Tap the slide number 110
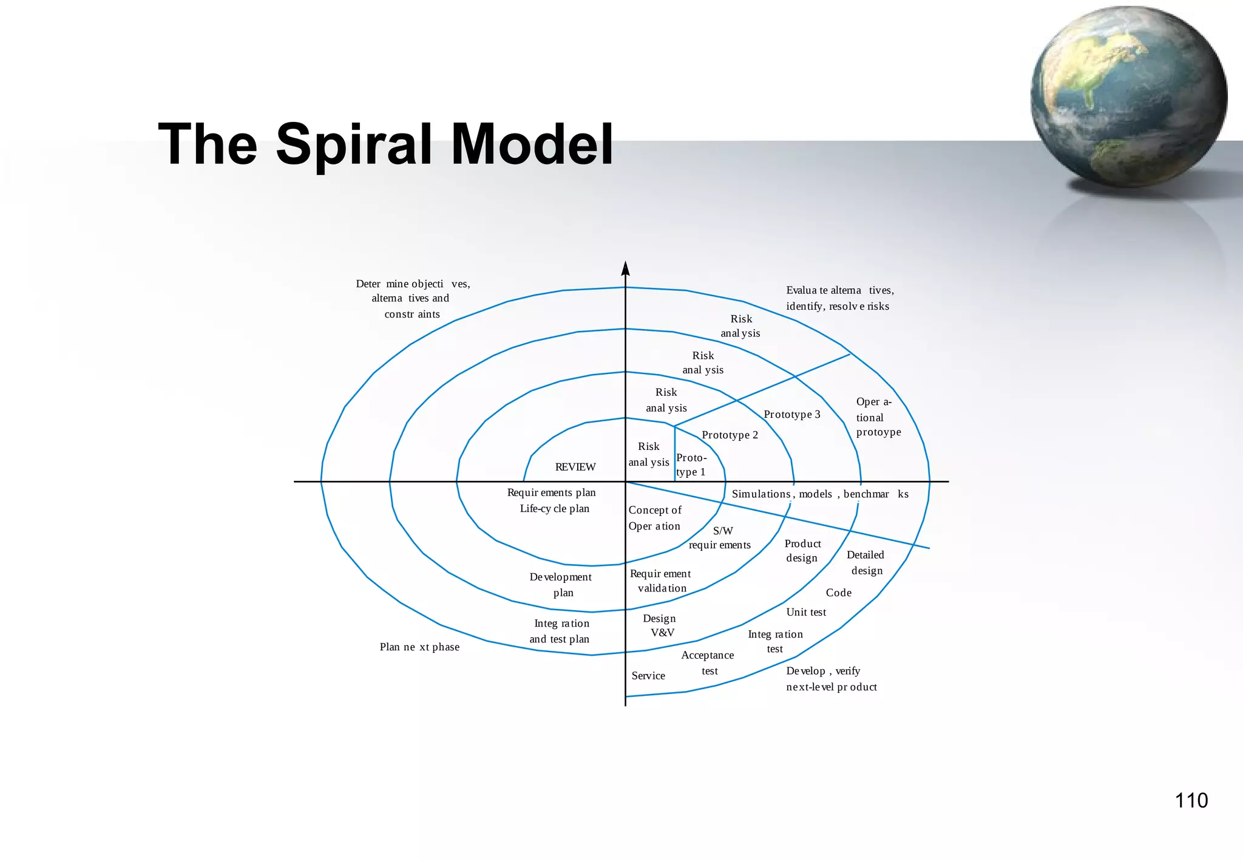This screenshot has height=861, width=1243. click(1191, 800)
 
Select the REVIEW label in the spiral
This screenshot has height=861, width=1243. click(575, 467)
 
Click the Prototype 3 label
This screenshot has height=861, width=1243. click(791, 414)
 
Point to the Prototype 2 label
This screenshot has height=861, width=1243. click(730, 435)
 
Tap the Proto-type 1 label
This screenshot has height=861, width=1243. click(691, 465)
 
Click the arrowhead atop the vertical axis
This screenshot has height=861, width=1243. click(626, 269)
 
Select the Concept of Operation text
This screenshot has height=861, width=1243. click(654, 518)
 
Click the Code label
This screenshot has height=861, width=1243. click(838, 593)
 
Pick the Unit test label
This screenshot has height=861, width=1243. click(806, 612)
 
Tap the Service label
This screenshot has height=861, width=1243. click(648, 676)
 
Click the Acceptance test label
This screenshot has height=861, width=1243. click(708, 663)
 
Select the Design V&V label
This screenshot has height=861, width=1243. click(660, 625)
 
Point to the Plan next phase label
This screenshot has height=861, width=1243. click(419, 647)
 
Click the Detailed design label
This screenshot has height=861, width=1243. click(865, 562)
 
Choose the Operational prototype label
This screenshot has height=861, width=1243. click(878, 417)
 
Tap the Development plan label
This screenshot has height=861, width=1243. click(561, 585)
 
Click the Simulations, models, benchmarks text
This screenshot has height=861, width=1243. click(819, 494)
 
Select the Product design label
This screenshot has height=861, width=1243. click(802, 551)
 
